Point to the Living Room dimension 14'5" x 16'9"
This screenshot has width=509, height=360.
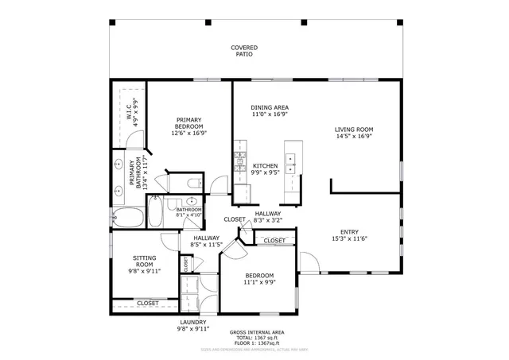pos(353,136)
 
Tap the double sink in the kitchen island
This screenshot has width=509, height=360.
pos(291,164)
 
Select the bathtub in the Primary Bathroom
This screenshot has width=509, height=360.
pos(128,217)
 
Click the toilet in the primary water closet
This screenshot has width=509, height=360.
pos(191,184)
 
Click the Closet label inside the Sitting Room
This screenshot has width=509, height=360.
pos(147,303)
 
